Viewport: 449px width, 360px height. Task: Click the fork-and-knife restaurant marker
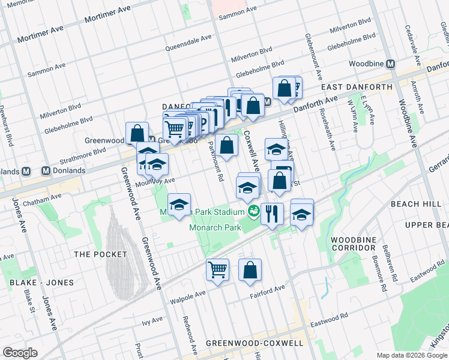click(272, 214)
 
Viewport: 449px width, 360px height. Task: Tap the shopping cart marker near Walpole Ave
click(217, 269)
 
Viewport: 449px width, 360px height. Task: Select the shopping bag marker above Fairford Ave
click(250, 270)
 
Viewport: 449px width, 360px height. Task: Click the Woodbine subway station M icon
click(391, 64)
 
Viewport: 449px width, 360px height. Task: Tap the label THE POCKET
click(100, 254)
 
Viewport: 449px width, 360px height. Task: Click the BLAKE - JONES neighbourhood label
click(41, 283)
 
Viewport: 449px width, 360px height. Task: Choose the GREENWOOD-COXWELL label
click(254, 343)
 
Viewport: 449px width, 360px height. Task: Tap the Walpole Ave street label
click(188, 294)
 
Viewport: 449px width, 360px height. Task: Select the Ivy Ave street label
click(154, 322)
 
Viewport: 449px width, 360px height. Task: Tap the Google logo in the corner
click(20, 353)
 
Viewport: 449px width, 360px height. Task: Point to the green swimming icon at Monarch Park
click(253, 211)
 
